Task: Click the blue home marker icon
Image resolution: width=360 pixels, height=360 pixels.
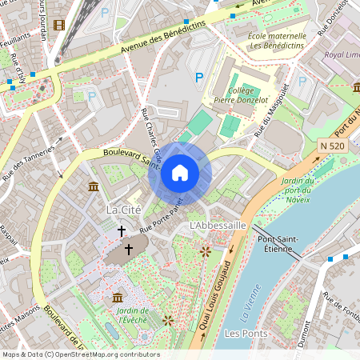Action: click(180, 173)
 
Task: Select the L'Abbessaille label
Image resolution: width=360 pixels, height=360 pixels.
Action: click(217, 226)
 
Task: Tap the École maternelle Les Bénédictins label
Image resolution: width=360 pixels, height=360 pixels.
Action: click(277, 41)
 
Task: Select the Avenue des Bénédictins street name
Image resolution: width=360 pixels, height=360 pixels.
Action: click(163, 38)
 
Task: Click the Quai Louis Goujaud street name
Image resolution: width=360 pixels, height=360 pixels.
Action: click(214, 300)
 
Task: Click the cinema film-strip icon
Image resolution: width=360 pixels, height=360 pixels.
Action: click(58, 24)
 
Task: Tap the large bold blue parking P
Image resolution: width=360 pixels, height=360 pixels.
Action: click(199, 77)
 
